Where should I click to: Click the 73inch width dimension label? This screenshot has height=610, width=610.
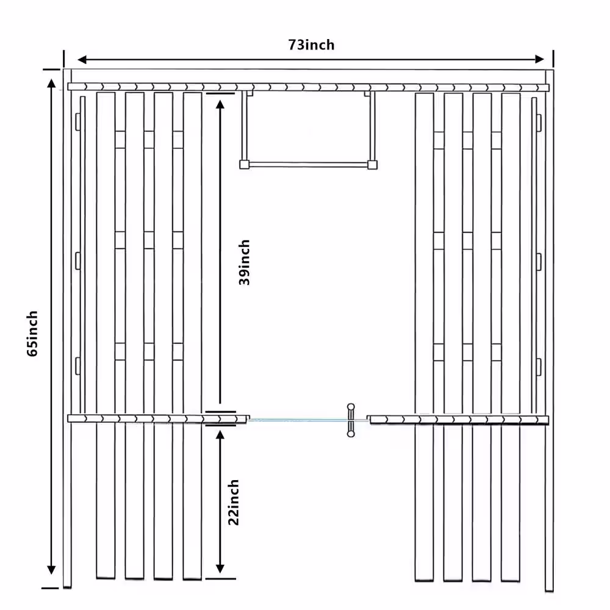[x=311, y=45]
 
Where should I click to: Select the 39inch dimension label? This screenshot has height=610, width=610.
[x=244, y=262]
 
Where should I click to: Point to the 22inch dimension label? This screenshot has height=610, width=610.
[x=234, y=502]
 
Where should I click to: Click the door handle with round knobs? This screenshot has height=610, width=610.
[x=351, y=420]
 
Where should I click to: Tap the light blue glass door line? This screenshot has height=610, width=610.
[x=299, y=420]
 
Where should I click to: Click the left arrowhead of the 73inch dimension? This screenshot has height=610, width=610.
[x=82, y=60]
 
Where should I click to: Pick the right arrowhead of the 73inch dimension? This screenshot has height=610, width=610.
[x=540, y=59]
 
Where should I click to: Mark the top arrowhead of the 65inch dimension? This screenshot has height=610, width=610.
[x=51, y=83]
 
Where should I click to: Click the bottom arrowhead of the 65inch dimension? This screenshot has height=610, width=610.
[x=51, y=570]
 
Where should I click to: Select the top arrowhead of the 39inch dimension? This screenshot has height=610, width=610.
[x=220, y=104]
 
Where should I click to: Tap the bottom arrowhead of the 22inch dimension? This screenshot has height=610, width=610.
[x=220, y=569]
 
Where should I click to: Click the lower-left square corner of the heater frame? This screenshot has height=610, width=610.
[x=244, y=165]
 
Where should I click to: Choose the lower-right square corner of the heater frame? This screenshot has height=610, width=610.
[x=372, y=165]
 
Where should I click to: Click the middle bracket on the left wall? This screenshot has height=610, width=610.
[x=78, y=260]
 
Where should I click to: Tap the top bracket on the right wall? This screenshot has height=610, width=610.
[x=539, y=122]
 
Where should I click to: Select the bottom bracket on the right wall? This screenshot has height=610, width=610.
[x=539, y=367]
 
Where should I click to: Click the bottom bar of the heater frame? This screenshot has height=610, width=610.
[x=308, y=165]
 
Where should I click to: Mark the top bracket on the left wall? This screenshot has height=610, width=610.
[x=78, y=122]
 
